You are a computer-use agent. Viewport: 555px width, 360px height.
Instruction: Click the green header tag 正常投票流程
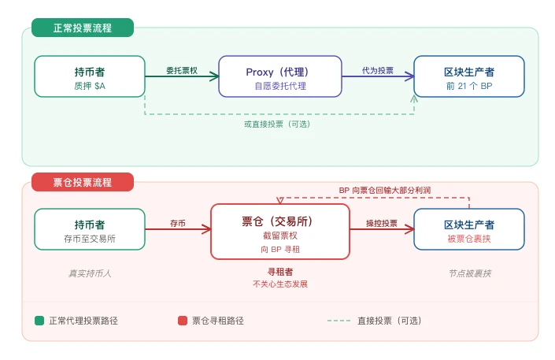83,28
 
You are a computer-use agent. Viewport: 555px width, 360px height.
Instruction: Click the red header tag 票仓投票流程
83,182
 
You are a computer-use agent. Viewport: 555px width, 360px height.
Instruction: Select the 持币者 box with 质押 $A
90,76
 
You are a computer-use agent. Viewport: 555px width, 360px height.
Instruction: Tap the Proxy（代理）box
280,76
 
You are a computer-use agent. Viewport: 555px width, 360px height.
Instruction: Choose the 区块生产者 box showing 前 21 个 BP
469,76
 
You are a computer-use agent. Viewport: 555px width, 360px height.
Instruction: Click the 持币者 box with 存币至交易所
90,229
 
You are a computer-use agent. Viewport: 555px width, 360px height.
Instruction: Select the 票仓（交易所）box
280,231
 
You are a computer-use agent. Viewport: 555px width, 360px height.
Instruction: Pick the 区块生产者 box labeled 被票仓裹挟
469,229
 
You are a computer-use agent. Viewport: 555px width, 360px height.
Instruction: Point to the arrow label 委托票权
181,70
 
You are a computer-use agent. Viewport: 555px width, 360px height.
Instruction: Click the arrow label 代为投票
378,70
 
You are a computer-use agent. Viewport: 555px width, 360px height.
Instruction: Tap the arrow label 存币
178,223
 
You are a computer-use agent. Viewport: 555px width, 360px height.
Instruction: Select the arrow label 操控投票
382,223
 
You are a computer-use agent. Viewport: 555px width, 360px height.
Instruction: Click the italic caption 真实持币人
90,273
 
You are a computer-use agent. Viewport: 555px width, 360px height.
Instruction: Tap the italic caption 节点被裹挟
469,273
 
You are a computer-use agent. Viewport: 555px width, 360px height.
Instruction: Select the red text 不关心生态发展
280,284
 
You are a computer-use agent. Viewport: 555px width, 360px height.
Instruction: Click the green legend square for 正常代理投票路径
39,321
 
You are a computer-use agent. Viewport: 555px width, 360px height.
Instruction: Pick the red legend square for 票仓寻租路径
183,321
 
